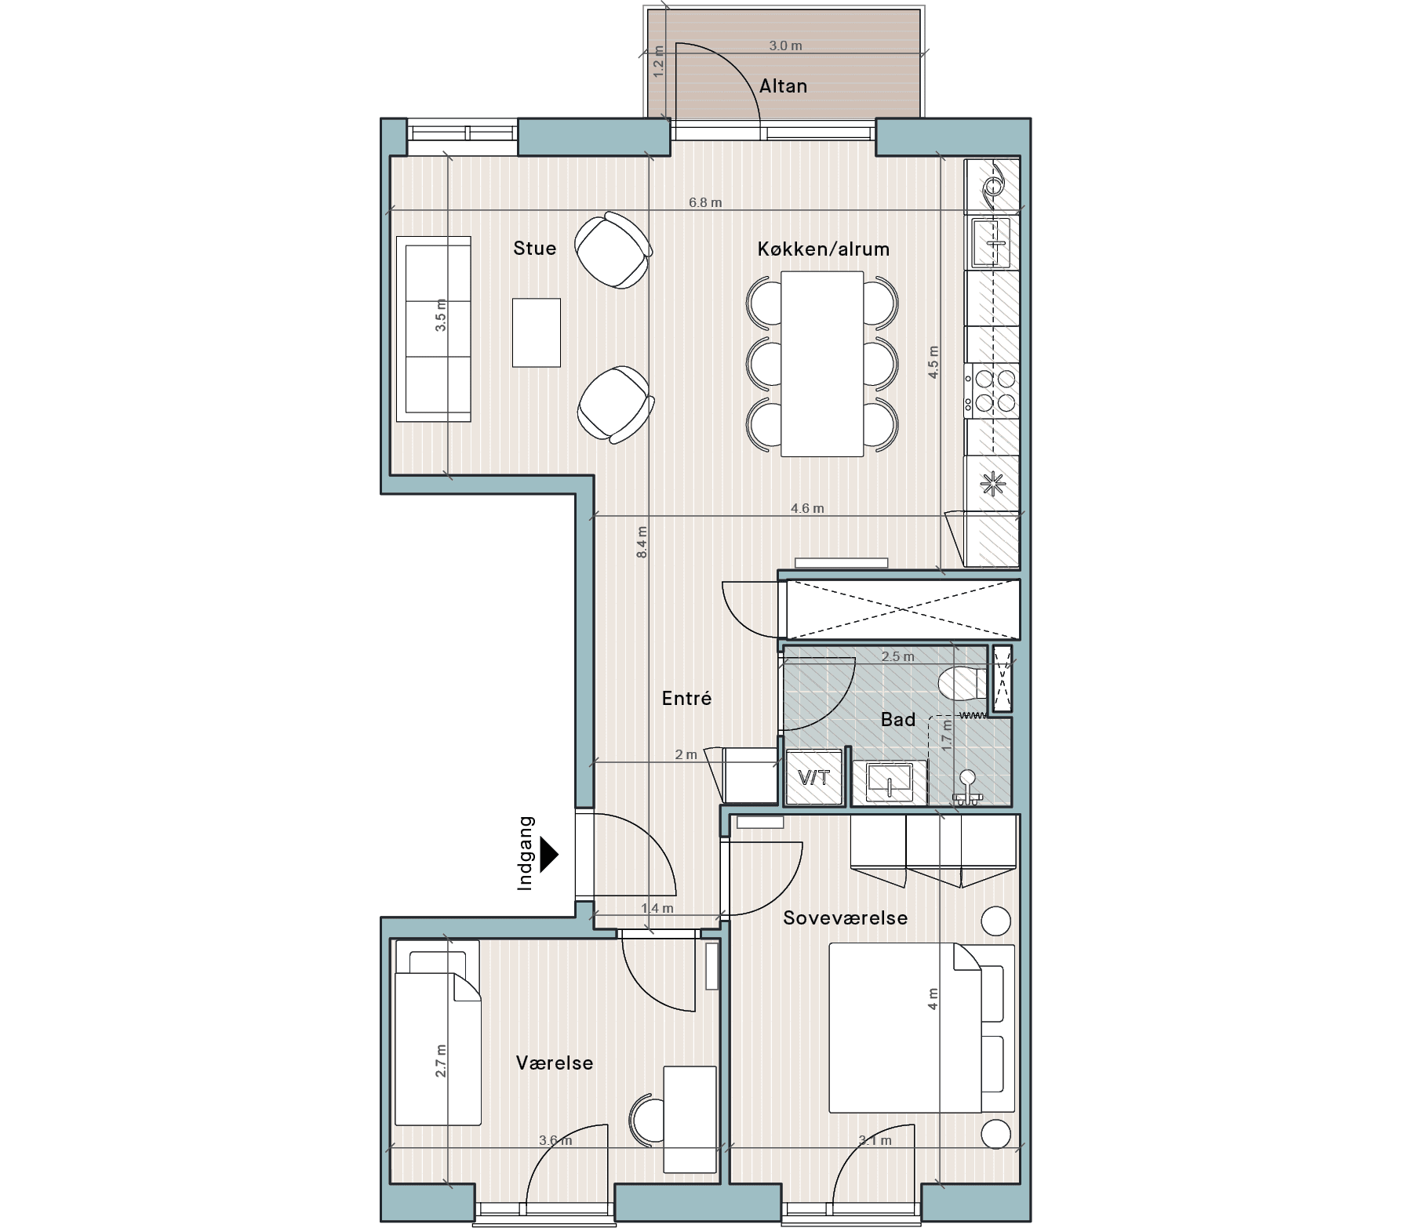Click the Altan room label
[783, 85]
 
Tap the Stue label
[534, 248]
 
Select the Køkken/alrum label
[824, 249]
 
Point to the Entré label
[686, 698]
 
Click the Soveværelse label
[845, 917]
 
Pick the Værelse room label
[555, 1063]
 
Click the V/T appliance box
[813, 777]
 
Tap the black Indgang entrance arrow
[549, 853]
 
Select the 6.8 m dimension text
[705, 202]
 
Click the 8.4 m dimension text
[642, 542]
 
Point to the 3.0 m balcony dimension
[785, 45]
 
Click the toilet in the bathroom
[963, 683]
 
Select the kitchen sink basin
[992, 242]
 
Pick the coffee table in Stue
[537, 332]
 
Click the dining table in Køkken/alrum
[822, 363]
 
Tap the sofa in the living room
[433, 329]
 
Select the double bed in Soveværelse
[906, 1027]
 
